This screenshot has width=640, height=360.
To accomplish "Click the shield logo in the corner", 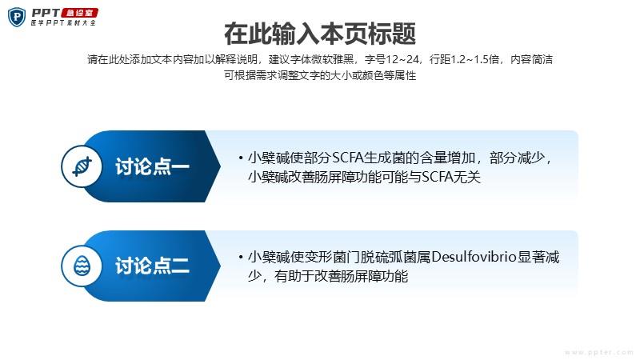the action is pyautogui.click(x=17, y=18).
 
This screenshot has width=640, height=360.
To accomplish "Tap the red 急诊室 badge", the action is pyautogui.click(x=80, y=13).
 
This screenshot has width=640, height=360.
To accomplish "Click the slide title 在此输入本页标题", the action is pyautogui.click(x=320, y=34).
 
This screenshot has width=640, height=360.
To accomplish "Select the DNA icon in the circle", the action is pyautogui.click(x=82, y=166).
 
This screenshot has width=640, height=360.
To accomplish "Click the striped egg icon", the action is pyautogui.click(x=82, y=266).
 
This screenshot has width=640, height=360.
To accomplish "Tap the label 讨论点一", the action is pyautogui.click(x=152, y=166).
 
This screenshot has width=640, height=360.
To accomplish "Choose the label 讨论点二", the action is pyautogui.click(x=152, y=266).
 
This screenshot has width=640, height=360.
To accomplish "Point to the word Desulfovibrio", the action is pyautogui.click(x=474, y=257).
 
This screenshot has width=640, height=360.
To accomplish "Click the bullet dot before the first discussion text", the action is pyautogui.click(x=241, y=158).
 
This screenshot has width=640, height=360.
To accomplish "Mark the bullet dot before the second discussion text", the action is pyautogui.click(x=241, y=257).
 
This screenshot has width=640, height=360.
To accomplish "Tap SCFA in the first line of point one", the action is pyautogui.click(x=348, y=158).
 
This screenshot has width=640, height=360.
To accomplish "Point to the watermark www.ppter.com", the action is pyautogui.click(x=598, y=352).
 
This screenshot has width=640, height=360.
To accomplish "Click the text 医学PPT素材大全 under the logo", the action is pyautogui.click(x=63, y=23).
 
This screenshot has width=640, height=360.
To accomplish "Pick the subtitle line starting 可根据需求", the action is pyautogui.click(x=320, y=75).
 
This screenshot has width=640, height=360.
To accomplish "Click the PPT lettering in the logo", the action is pyautogui.click(x=46, y=13).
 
